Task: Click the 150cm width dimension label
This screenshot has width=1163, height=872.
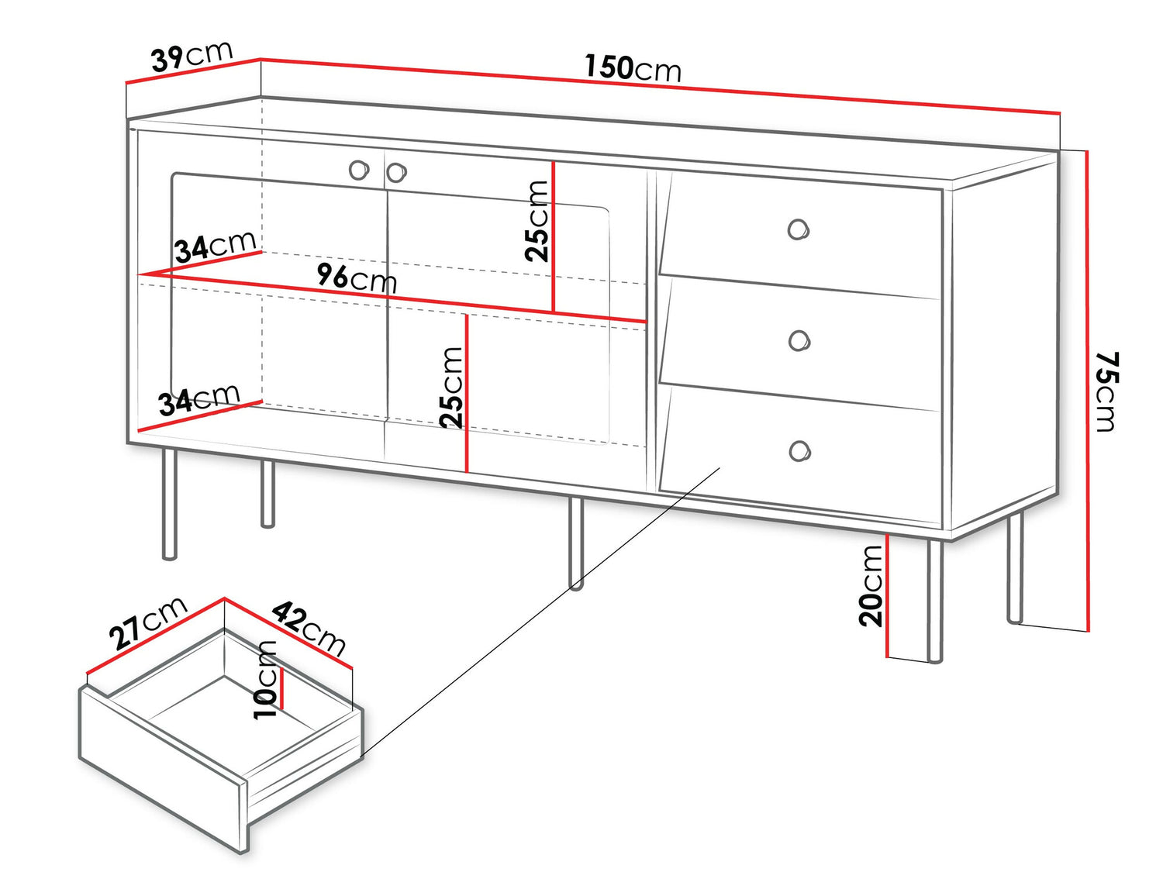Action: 632,68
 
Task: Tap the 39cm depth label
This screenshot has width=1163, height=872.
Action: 192,56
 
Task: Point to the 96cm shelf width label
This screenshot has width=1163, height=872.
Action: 357,277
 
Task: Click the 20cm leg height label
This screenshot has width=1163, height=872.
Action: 871,585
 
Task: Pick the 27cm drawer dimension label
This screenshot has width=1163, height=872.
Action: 147,622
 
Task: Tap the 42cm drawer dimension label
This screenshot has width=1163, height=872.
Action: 309,627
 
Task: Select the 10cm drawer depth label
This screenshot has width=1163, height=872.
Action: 265,680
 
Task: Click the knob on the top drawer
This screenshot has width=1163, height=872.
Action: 798,229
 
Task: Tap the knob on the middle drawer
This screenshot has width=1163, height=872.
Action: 799,340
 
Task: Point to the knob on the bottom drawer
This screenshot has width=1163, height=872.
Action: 799,451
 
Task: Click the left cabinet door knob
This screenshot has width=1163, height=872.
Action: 358,170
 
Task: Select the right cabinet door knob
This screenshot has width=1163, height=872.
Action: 396,172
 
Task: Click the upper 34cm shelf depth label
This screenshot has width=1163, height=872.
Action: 215,247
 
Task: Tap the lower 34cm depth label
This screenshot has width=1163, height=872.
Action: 198,400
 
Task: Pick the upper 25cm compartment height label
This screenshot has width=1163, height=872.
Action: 537,221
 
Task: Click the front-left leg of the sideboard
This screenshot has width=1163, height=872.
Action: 169,504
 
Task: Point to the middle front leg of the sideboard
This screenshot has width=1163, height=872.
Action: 575,543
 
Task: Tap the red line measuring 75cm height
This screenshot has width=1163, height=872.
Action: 1088,388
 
